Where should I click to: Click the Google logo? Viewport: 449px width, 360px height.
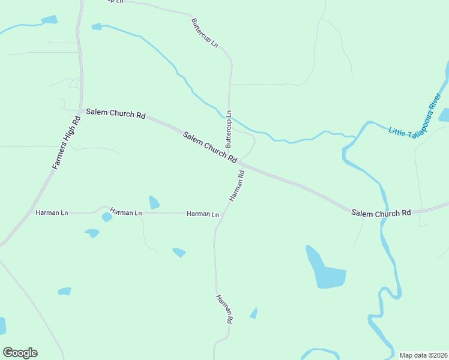(x=20, y=352)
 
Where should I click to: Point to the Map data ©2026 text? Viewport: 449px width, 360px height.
(x=423, y=355)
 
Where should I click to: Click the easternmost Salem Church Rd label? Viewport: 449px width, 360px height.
(x=381, y=213)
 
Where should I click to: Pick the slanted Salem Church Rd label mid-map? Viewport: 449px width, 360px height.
(x=210, y=147)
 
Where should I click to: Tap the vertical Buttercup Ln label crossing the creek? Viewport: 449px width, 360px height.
(x=228, y=129)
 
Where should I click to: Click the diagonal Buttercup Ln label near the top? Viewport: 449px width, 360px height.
(x=205, y=33)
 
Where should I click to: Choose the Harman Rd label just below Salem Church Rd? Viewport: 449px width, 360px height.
(x=236, y=186)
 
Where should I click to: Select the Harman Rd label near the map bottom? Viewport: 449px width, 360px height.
(x=223, y=309)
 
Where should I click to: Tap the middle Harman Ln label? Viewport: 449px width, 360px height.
(x=125, y=212)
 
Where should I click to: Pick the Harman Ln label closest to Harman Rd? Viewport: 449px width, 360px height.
(x=202, y=214)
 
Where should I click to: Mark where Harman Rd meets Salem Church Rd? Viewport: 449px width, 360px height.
(x=239, y=163)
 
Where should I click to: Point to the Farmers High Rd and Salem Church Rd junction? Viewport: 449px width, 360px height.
(x=80, y=112)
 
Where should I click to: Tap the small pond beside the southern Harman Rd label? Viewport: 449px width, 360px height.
(x=254, y=313)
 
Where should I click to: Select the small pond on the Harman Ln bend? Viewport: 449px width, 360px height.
(x=107, y=217)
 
